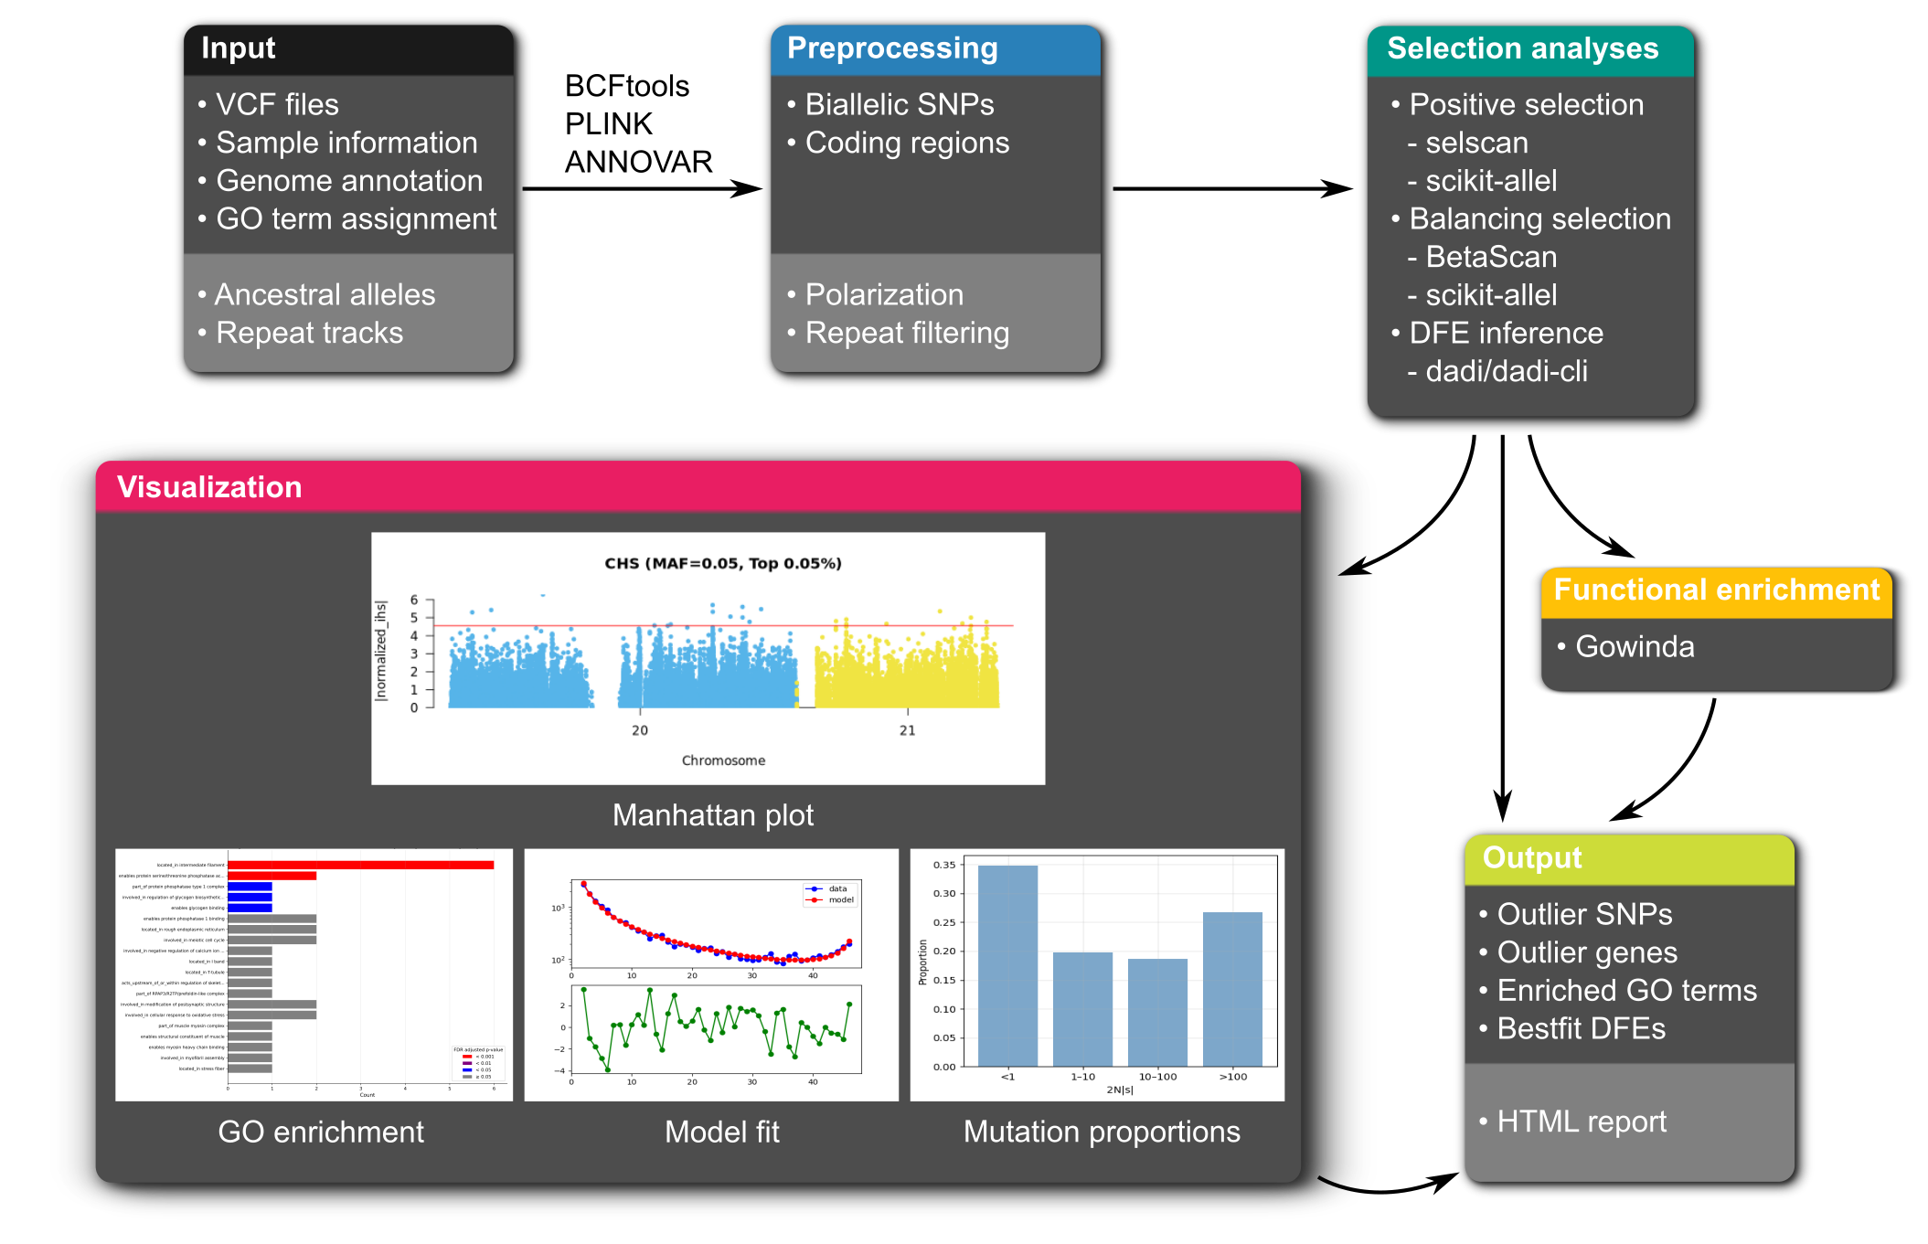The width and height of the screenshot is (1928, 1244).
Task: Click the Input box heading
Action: pyautogui.click(x=238, y=48)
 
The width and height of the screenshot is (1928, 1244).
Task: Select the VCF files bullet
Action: pyautogui.click(x=276, y=105)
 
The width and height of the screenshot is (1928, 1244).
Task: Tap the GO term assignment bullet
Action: pyautogui.click(x=356, y=219)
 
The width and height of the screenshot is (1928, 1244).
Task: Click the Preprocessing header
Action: pyautogui.click(x=891, y=48)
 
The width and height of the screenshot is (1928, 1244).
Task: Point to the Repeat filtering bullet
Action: pyautogui.click(x=906, y=334)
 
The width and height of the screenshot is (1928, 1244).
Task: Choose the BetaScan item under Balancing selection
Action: pyautogui.click(x=1490, y=258)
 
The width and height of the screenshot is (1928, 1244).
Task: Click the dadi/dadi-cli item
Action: pyautogui.click(x=1506, y=372)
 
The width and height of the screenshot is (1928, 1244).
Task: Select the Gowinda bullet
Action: pyautogui.click(x=1634, y=647)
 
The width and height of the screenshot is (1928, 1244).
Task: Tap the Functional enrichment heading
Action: pyautogui.click(x=1716, y=590)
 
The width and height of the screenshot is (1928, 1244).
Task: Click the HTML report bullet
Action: pyautogui.click(x=1581, y=1122)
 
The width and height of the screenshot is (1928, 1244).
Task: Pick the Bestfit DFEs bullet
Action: pyautogui.click(x=1581, y=1029)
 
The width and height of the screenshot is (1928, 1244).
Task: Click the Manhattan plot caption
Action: pyautogui.click(x=712, y=815)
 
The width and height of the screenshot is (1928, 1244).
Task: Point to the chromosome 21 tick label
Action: pyautogui.click(x=907, y=730)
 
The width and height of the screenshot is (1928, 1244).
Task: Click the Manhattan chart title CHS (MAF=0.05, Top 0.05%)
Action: pyautogui.click(x=723, y=563)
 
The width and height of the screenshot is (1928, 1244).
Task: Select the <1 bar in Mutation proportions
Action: pyautogui.click(x=1007, y=965)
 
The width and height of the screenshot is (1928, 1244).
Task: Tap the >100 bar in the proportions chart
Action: pyautogui.click(x=1232, y=989)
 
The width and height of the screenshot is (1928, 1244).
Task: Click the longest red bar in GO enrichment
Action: pyautogui.click(x=360, y=865)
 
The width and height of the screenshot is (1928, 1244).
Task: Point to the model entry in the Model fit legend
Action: pyautogui.click(x=840, y=900)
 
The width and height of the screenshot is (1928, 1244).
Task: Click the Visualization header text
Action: pyautogui.click(x=209, y=487)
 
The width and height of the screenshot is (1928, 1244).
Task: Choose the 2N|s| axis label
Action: pyautogui.click(x=1119, y=1090)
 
